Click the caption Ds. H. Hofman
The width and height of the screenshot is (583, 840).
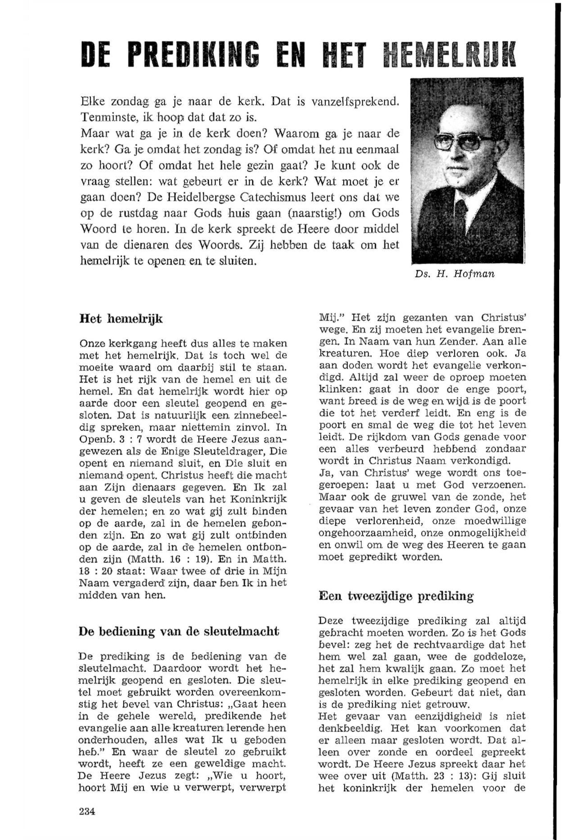(455, 274)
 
